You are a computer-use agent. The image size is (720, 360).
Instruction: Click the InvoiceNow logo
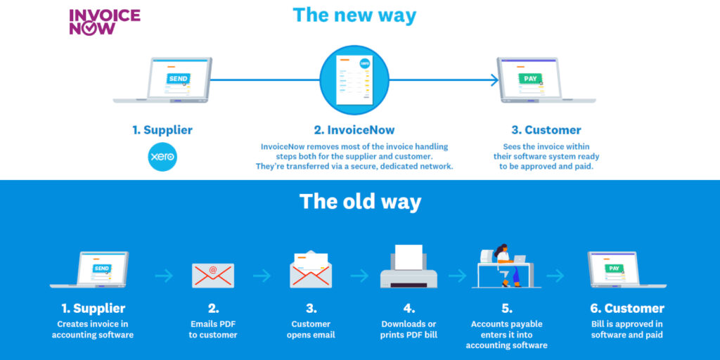coord(105,22)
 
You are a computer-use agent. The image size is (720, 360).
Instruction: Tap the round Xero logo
coord(162,157)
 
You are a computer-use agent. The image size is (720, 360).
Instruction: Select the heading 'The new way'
coord(354,15)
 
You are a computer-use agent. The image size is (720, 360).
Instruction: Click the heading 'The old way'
coord(360,202)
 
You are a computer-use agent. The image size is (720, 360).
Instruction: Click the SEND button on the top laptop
coord(178,79)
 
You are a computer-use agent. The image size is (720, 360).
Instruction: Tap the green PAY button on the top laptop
coord(530,79)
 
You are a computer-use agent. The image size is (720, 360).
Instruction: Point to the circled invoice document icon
coord(354,80)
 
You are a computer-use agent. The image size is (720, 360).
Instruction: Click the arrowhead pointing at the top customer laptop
coord(494,80)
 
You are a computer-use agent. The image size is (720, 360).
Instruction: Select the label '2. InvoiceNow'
coord(354,130)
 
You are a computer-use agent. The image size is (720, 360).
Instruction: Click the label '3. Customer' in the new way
coord(546,130)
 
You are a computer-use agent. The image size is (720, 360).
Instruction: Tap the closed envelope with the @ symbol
coord(213,276)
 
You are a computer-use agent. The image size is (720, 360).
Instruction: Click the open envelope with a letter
coord(311,270)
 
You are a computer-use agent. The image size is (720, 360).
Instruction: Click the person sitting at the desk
coord(505,265)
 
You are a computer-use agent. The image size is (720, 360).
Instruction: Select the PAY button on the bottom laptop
coord(613,268)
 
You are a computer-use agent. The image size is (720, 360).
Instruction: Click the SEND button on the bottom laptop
coord(101,268)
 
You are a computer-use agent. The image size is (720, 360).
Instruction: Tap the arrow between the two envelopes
coord(262,276)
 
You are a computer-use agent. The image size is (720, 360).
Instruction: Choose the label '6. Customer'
coord(626,308)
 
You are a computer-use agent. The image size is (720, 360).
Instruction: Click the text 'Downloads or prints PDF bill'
coord(409,329)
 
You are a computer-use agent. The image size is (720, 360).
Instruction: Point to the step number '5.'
coord(507,308)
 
